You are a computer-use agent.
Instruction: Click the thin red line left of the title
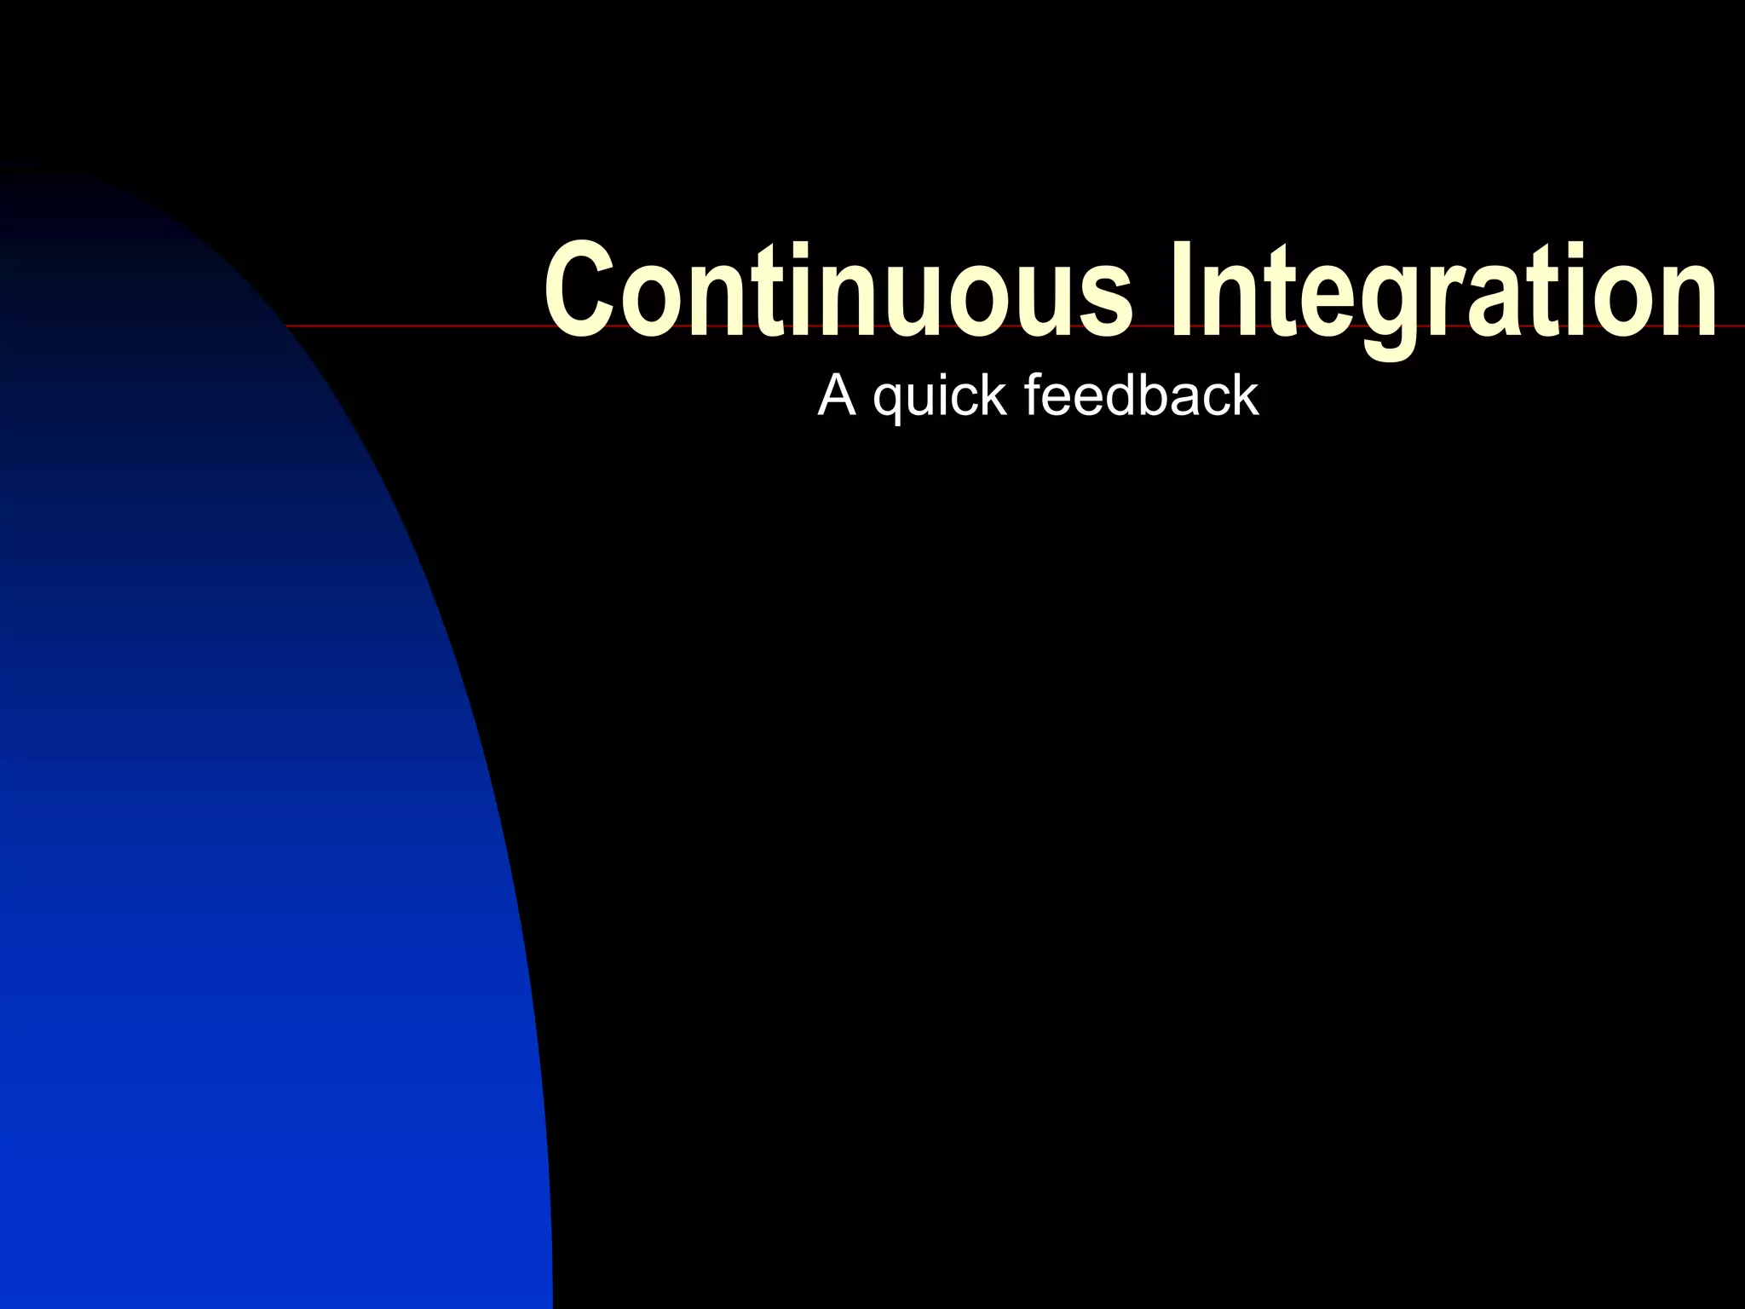[409, 326]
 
